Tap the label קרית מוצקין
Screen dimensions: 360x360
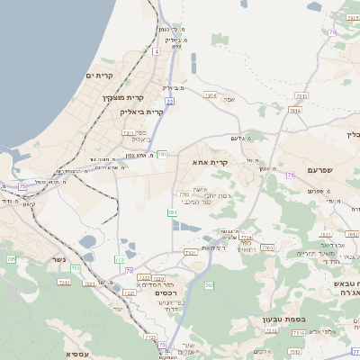click(122, 97)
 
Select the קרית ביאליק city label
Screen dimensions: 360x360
click(141, 112)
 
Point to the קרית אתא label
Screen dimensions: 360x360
click(209, 163)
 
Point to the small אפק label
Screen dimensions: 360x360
click(229, 99)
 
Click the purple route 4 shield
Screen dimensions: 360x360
click(156, 52)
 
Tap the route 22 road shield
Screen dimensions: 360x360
click(169, 102)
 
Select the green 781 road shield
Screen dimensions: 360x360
click(162, 154)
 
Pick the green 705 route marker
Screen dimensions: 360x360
click(11, 259)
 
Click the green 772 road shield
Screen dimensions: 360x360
click(120, 259)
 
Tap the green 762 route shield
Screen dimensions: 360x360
click(210, 285)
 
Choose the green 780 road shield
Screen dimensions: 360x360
click(172, 213)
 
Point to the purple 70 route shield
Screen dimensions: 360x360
click(129, 271)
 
